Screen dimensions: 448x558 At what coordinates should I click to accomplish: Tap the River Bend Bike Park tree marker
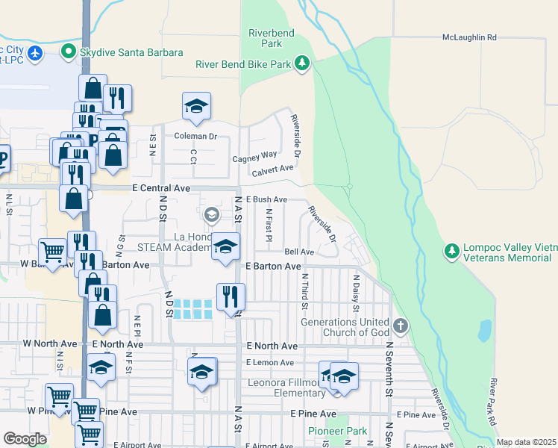[x=302, y=64]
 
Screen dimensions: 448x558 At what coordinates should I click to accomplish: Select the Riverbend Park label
[x=272, y=39]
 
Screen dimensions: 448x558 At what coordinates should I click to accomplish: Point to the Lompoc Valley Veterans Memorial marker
[x=451, y=252]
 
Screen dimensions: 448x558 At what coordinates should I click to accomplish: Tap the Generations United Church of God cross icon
[x=401, y=326]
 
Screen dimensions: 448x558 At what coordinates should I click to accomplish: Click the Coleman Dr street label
[x=195, y=136]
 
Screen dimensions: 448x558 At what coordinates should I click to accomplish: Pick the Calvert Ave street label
[x=273, y=170]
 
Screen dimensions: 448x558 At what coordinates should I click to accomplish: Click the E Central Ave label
[x=161, y=189]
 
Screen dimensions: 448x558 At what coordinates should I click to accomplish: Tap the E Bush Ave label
[x=266, y=200]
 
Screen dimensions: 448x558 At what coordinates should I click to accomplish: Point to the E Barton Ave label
[x=273, y=266]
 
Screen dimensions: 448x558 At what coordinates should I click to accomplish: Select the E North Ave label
[x=272, y=346]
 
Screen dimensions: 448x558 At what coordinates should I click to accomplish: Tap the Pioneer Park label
[x=338, y=432]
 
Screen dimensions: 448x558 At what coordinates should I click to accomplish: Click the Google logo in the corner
[x=25, y=439]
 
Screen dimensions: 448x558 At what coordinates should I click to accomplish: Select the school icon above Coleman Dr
[x=196, y=107]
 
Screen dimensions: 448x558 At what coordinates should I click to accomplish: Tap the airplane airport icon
[x=35, y=53]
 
